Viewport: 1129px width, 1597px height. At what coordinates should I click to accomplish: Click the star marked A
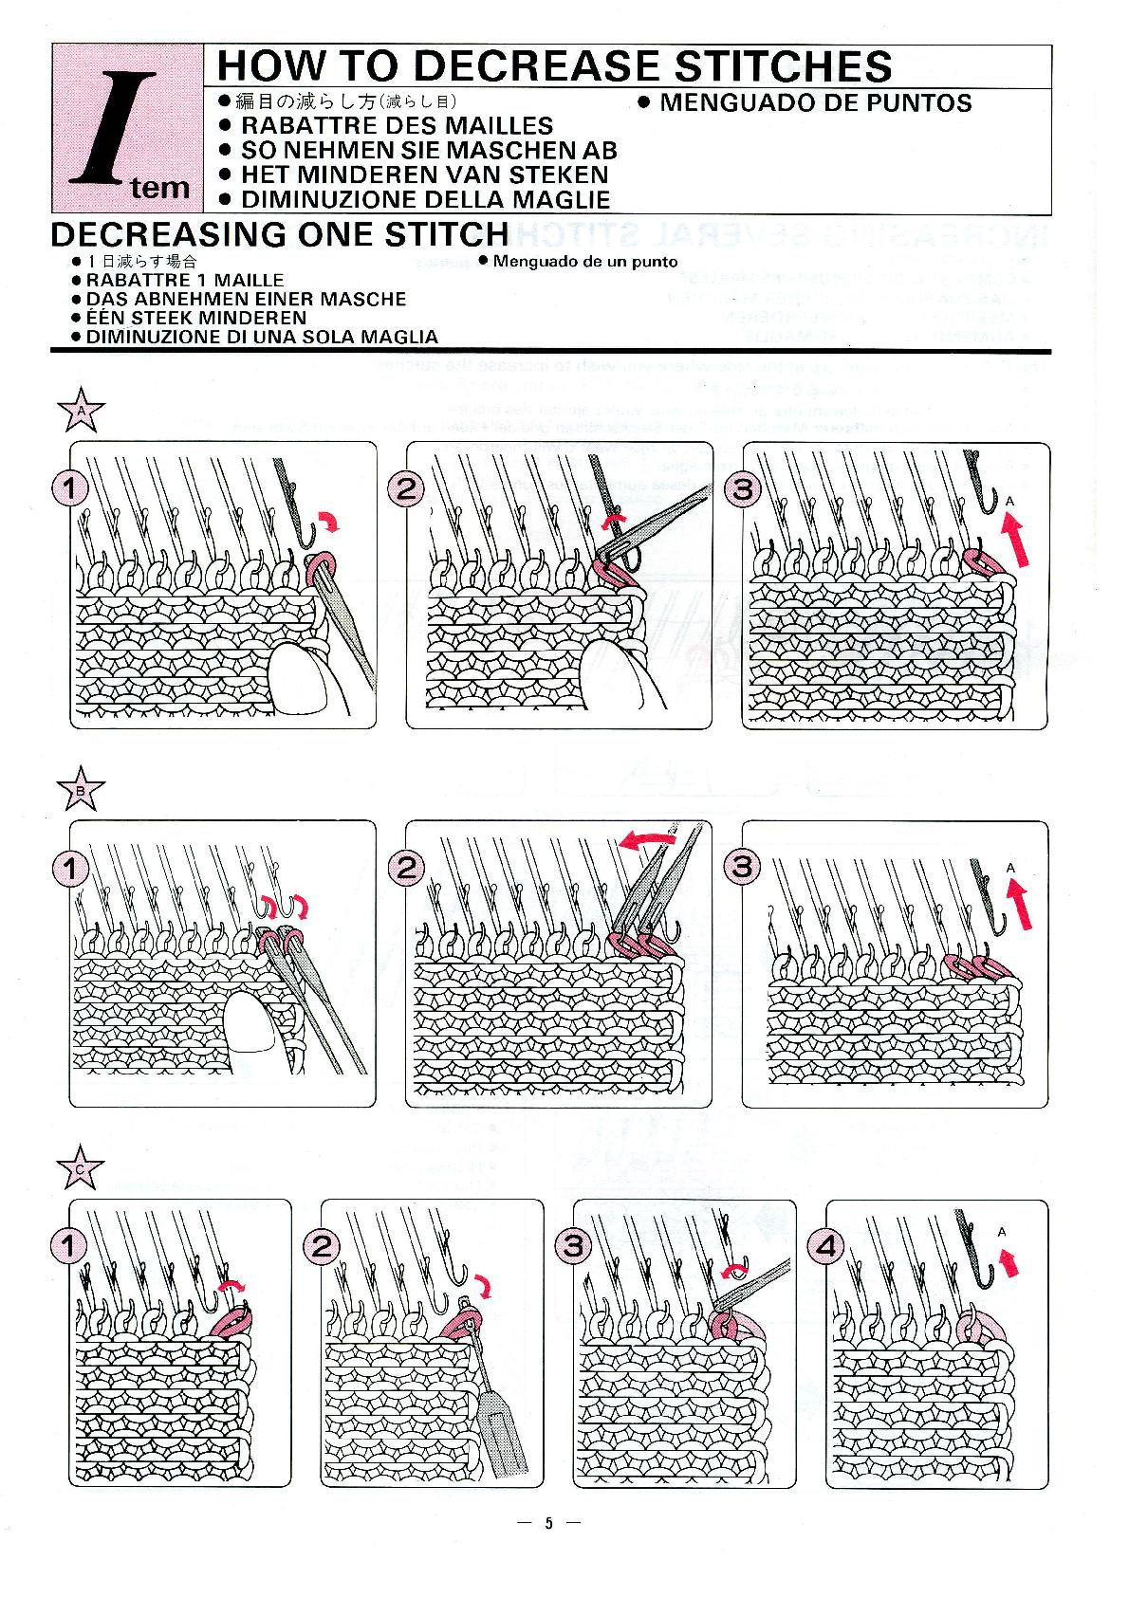[81, 411]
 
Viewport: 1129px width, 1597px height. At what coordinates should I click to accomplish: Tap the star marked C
[81, 1169]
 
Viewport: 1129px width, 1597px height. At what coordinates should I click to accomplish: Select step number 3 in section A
[743, 488]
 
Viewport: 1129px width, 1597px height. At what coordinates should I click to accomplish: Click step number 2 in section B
[406, 866]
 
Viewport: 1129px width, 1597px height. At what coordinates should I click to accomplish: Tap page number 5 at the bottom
[547, 1524]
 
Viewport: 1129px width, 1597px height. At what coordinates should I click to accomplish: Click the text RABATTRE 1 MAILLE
[184, 280]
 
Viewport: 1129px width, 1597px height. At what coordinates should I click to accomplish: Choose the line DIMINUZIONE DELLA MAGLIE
[425, 199]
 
